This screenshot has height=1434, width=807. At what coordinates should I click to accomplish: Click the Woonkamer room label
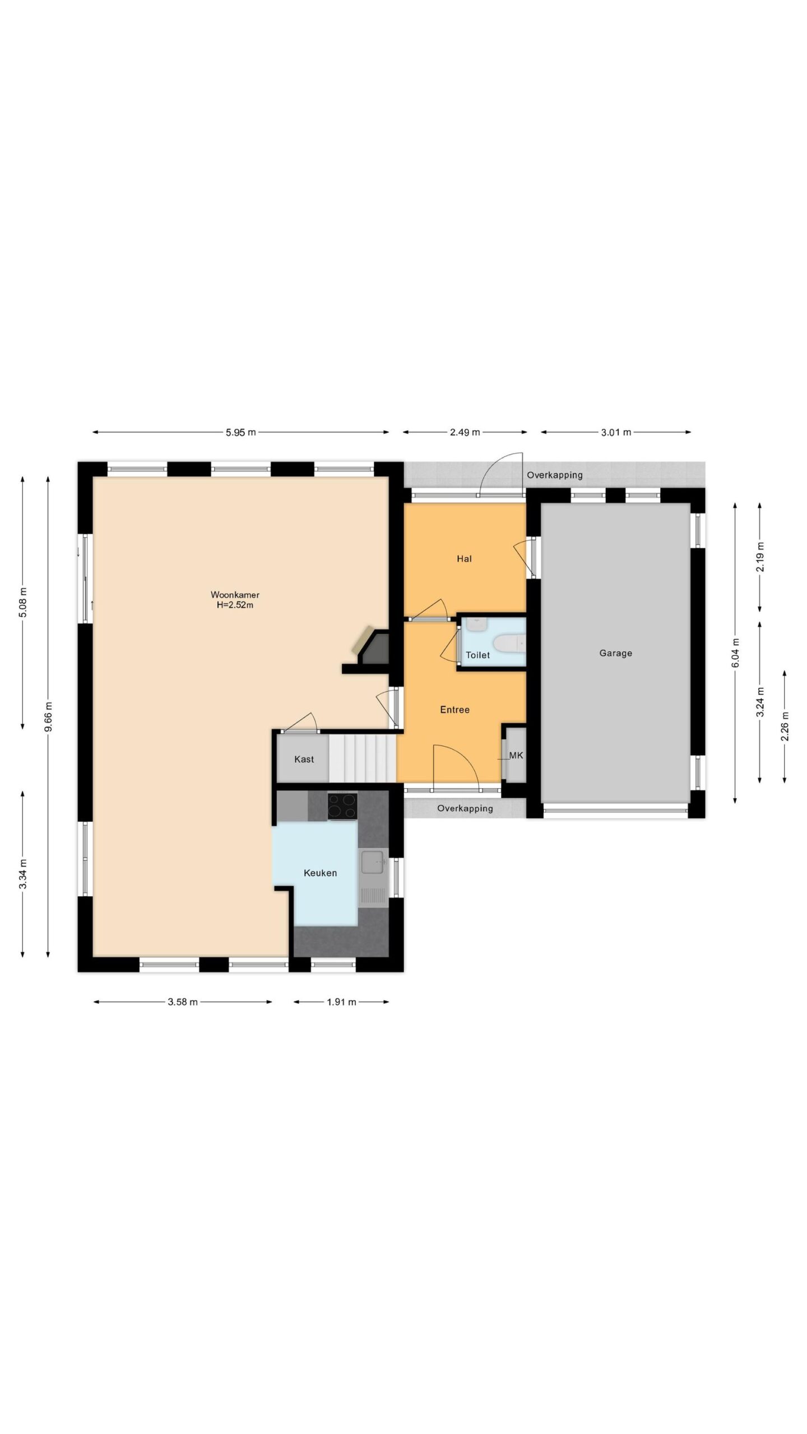235,595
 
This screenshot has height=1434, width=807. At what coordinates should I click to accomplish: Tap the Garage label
615,653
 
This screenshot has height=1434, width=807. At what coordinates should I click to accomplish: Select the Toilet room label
477,655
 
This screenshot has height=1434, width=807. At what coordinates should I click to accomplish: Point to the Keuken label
320,873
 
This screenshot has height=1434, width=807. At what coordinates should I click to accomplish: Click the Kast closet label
304,759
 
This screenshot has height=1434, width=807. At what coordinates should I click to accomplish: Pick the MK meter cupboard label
516,755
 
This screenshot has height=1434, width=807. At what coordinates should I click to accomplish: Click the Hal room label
464,558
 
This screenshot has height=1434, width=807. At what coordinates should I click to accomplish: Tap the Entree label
454,710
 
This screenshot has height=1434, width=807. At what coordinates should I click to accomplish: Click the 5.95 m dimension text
241,432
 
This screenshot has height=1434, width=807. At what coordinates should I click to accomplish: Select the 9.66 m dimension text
48,716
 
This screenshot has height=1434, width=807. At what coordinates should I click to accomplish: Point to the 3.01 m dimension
616,432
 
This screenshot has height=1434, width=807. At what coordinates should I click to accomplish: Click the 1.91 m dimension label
341,1002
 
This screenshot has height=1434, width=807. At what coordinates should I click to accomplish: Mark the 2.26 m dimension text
784,726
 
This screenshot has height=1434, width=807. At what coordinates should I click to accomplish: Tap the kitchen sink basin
372,862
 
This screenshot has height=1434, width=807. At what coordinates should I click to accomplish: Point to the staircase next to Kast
363,758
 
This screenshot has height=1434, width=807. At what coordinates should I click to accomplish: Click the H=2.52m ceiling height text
235,605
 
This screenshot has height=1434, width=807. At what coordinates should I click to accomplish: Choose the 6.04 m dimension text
735,653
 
